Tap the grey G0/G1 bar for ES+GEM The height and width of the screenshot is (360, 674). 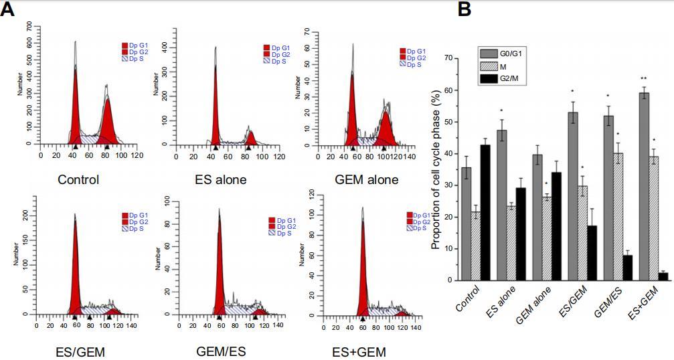644,187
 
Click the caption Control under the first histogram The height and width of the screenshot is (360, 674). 78,179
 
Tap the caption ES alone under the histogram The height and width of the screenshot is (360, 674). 221,179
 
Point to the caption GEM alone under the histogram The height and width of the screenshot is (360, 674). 366,179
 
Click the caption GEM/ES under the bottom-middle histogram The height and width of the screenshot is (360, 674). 220,351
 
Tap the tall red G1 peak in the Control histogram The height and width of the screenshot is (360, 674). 75,107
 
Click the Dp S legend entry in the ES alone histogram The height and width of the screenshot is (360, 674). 277,60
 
